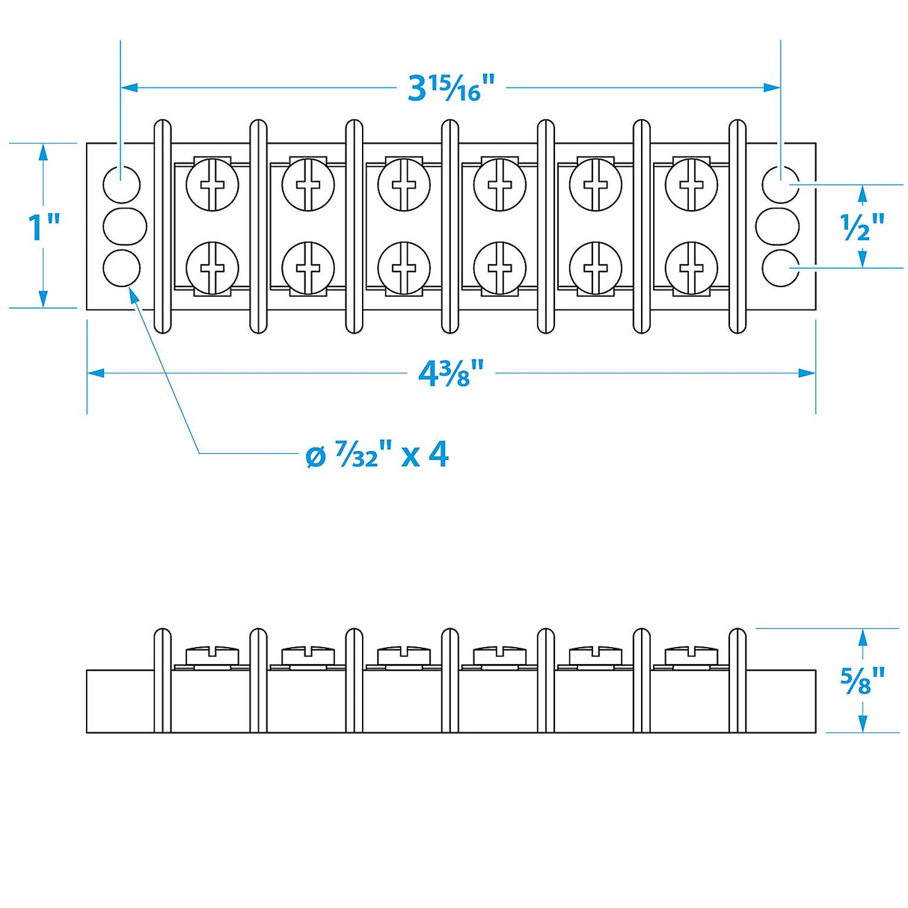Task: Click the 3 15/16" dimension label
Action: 452,88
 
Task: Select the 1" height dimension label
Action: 43,227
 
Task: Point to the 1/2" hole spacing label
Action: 862,227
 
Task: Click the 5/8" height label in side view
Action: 862,680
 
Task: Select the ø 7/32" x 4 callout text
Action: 378,455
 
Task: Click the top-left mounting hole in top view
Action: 122,184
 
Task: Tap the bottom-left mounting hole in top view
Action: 122,269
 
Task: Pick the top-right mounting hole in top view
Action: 780,184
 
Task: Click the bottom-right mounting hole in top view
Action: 780,269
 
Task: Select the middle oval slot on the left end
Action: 125,226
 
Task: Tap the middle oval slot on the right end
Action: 778,226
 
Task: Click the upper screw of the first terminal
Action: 212,183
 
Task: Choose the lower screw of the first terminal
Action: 212,268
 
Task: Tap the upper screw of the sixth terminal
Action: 691,183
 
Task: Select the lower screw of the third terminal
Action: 404,268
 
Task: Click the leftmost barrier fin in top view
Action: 162,226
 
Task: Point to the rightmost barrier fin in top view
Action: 737,226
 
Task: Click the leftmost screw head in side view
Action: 212,655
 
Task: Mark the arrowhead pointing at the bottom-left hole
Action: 135,294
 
